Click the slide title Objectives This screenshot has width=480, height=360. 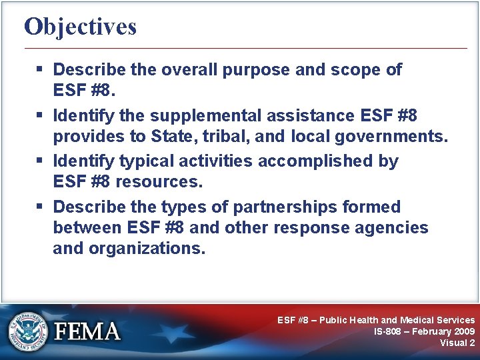80,27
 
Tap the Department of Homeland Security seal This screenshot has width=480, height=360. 29,331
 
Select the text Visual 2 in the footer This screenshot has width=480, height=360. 457,343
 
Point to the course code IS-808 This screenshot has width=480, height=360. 387,331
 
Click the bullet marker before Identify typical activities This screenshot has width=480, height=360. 43,161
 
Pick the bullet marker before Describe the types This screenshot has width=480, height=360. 43,207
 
